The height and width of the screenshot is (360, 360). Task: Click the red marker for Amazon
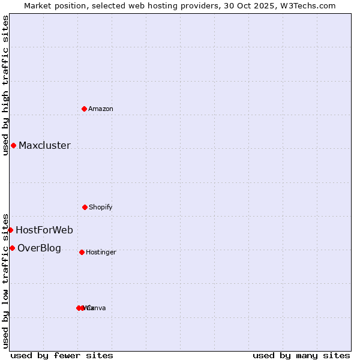[x=84, y=109]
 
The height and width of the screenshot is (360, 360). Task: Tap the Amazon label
[x=101, y=109]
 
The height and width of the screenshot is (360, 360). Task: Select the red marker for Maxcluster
[x=13, y=145]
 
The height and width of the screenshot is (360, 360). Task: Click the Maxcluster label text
[x=44, y=145]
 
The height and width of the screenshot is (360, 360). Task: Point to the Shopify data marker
[x=85, y=207]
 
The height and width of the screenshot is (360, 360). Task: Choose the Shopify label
[x=101, y=207]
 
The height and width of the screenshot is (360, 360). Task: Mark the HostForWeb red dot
[x=10, y=230]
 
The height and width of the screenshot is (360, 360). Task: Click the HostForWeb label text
[x=44, y=230]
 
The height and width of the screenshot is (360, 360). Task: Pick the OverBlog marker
[x=12, y=248]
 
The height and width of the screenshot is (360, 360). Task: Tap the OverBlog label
[x=39, y=248]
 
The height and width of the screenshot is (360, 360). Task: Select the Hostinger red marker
[x=82, y=252]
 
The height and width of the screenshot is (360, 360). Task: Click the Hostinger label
[x=101, y=252]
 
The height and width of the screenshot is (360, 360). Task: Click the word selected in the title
[x=102, y=5]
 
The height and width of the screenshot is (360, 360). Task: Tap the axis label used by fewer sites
[x=62, y=355]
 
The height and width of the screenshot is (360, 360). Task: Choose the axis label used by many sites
[x=301, y=355]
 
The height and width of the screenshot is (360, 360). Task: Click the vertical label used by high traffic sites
[x=5, y=85]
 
